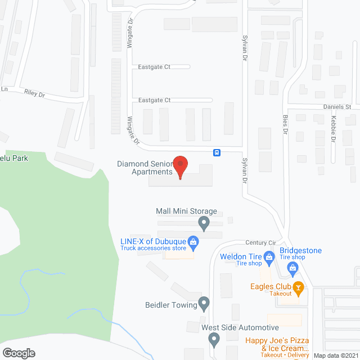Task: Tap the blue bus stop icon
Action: [x=217, y=152]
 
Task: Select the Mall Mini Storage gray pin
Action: [x=204, y=224]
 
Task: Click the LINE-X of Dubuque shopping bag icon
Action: [x=193, y=243]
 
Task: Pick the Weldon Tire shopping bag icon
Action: [x=269, y=259]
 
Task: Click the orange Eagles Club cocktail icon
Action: [x=299, y=289]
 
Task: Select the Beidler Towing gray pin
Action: [x=204, y=305]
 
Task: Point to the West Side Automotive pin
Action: [x=214, y=339]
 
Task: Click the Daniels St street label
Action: [x=336, y=106]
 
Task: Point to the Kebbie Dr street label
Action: [x=334, y=129]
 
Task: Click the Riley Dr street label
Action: [x=34, y=93]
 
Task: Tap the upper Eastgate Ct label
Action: [x=154, y=67]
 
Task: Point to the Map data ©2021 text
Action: [x=336, y=355]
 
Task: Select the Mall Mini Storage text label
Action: [x=186, y=211]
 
